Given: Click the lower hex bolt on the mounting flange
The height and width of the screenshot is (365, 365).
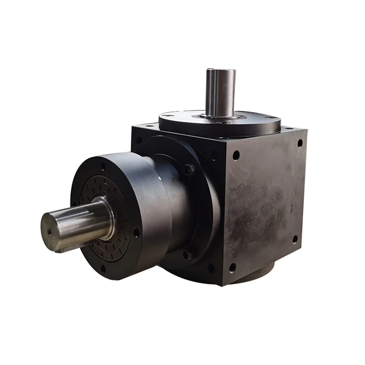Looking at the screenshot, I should [186, 254].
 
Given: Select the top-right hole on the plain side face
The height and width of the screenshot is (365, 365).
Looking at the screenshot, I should [300, 143].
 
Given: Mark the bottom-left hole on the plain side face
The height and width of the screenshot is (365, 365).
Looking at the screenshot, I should [232, 267].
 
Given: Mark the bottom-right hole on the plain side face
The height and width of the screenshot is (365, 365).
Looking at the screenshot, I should [294, 239].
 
